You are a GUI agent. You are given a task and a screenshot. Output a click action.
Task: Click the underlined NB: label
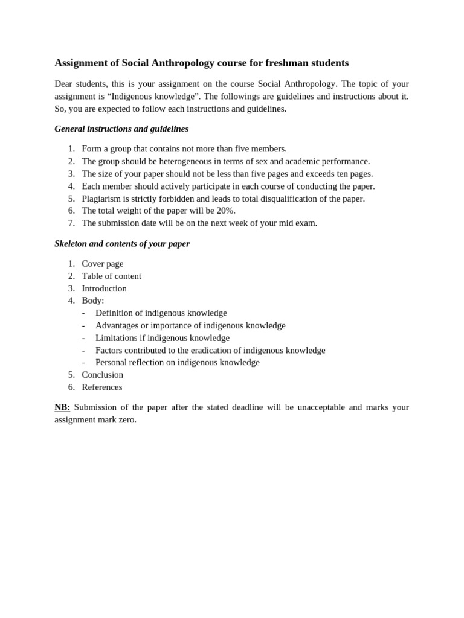(62, 407)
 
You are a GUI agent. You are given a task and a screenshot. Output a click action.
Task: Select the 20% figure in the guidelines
(225, 211)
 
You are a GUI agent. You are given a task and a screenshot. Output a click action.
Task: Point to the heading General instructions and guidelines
(121, 129)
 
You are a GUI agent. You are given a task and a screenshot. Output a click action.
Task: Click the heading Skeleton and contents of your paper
(122, 244)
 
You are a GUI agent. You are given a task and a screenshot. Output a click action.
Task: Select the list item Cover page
(103, 264)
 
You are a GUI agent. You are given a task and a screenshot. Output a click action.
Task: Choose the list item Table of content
(112, 276)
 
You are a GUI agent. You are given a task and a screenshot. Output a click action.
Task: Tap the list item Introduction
(105, 288)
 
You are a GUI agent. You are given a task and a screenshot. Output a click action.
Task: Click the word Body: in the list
(93, 301)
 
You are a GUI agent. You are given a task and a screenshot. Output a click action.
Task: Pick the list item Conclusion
(103, 375)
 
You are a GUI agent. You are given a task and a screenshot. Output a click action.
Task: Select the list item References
(102, 387)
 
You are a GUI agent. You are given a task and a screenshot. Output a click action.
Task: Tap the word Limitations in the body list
(116, 338)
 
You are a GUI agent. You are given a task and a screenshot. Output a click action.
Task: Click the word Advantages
(117, 325)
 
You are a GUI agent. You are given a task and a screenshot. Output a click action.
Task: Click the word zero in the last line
(128, 420)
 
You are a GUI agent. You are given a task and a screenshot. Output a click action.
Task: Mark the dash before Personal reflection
(83, 363)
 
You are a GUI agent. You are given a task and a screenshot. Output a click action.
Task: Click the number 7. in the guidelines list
(71, 223)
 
